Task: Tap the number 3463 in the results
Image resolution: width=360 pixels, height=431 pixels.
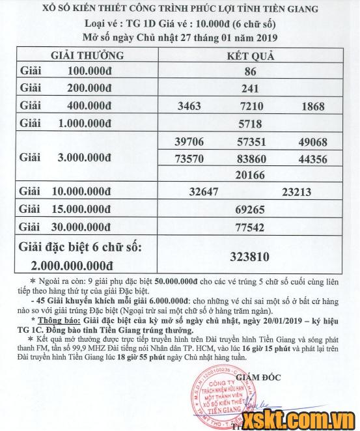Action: click(188, 106)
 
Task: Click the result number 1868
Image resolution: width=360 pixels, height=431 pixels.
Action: click(313, 106)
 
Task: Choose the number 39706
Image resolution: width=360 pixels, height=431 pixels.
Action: click(189, 141)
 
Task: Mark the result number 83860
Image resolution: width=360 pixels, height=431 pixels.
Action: click(251, 158)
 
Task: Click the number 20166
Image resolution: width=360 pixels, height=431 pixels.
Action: click(251, 175)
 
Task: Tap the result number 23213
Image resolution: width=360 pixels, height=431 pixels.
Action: click(298, 193)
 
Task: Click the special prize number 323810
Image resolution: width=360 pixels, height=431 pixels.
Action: click(250, 257)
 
